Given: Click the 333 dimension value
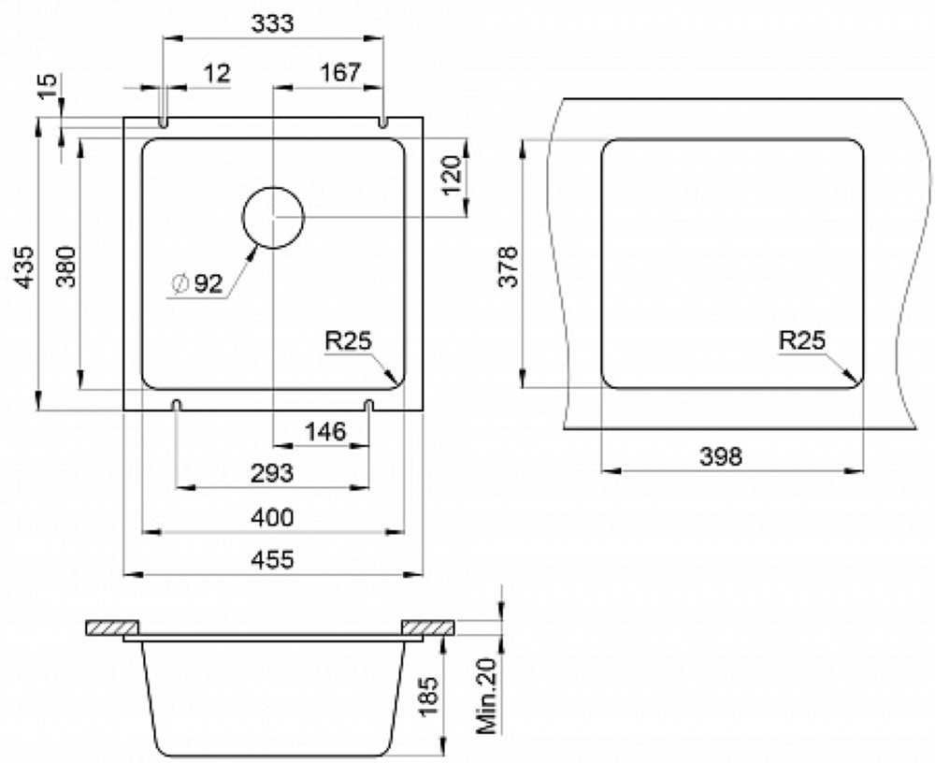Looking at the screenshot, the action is point(272,24).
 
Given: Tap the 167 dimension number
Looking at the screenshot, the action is point(340,73).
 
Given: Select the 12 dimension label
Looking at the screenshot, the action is point(217,74).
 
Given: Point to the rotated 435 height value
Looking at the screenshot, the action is point(25,266).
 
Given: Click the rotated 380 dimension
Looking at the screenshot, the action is point(66,266).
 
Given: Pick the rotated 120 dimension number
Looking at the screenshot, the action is point(453,175).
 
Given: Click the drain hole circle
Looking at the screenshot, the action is point(273,188).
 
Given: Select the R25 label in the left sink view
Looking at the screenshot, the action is point(348,341).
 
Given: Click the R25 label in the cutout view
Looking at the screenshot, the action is point(802,340).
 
